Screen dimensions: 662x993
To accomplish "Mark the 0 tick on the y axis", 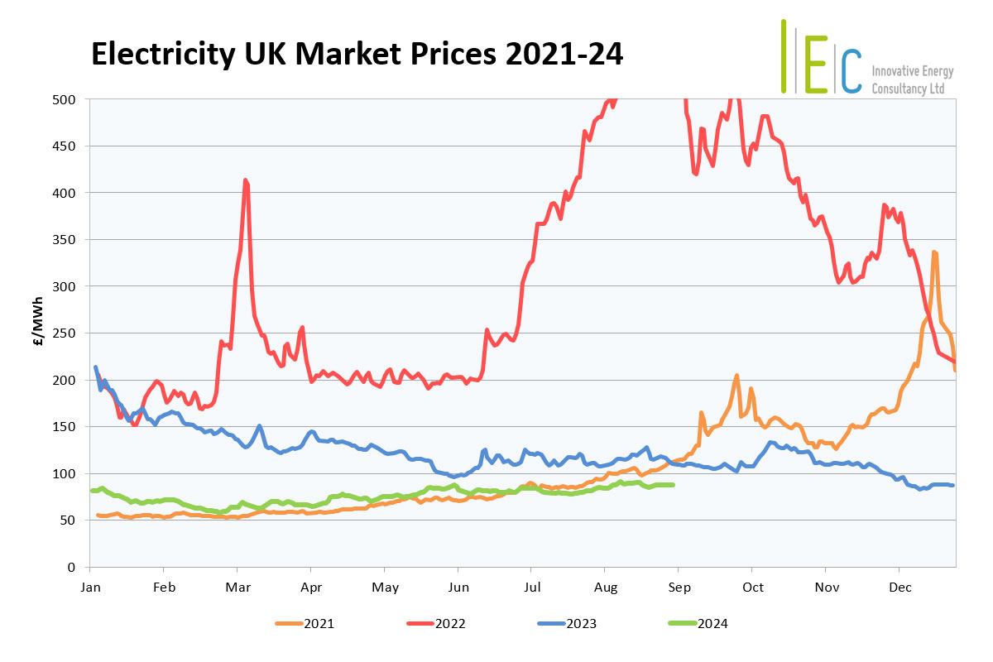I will [72, 568].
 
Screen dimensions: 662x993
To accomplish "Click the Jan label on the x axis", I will [91, 587].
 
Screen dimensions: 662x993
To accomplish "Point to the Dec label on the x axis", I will [899, 587].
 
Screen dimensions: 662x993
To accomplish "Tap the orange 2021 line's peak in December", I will [934, 252].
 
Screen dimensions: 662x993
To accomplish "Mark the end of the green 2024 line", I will [674, 485].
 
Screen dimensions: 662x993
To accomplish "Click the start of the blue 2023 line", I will [95, 367].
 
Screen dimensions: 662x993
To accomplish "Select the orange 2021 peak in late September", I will [736, 376].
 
